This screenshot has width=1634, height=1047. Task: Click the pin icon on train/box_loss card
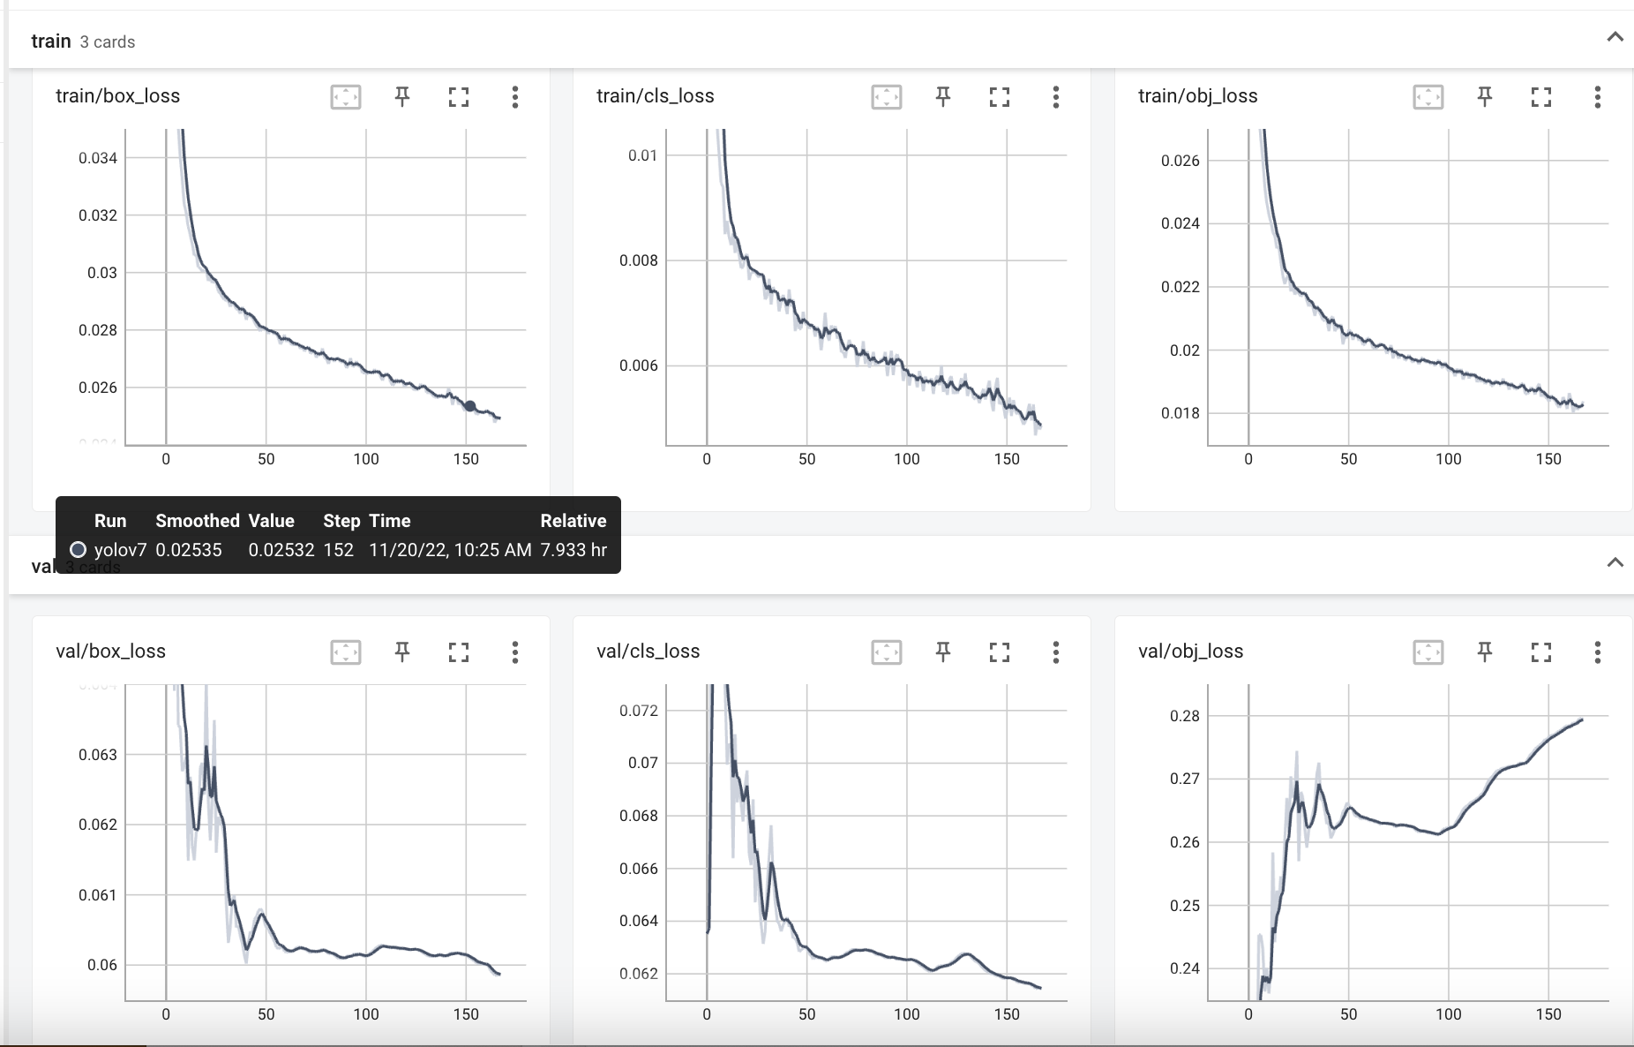(x=402, y=96)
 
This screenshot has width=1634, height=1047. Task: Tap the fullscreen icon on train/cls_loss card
(x=999, y=96)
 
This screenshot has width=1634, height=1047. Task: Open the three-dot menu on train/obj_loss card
(x=1597, y=96)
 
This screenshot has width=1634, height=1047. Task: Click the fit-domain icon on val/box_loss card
(x=346, y=652)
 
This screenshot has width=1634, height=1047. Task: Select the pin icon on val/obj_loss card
(x=1485, y=652)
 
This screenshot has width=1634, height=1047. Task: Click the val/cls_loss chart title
(x=648, y=652)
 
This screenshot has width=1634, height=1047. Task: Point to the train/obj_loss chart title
(x=1197, y=96)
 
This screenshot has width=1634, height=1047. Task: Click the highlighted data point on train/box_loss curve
(x=470, y=406)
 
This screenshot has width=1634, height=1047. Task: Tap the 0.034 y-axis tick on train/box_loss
(x=98, y=158)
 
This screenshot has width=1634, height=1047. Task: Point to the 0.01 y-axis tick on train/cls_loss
(x=642, y=155)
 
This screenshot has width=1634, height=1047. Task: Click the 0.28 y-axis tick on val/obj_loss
(x=1184, y=716)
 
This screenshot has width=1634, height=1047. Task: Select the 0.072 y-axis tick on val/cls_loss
(x=638, y=711)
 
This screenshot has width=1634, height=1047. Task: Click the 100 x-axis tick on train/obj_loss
(x=1448, y=459)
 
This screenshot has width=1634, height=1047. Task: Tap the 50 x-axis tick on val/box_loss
(x=266, y=1014)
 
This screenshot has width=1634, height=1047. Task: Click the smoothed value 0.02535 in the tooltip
(x=189, y=550)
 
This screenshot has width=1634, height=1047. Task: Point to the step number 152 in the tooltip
(x=338, y=550)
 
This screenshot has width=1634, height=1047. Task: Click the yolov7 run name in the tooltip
(x=120, y=550)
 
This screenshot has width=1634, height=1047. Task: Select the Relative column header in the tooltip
(x=573, y=521)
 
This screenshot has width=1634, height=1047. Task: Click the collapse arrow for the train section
(x=1615, y=37)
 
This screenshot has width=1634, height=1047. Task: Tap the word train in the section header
(x=50, y=41)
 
